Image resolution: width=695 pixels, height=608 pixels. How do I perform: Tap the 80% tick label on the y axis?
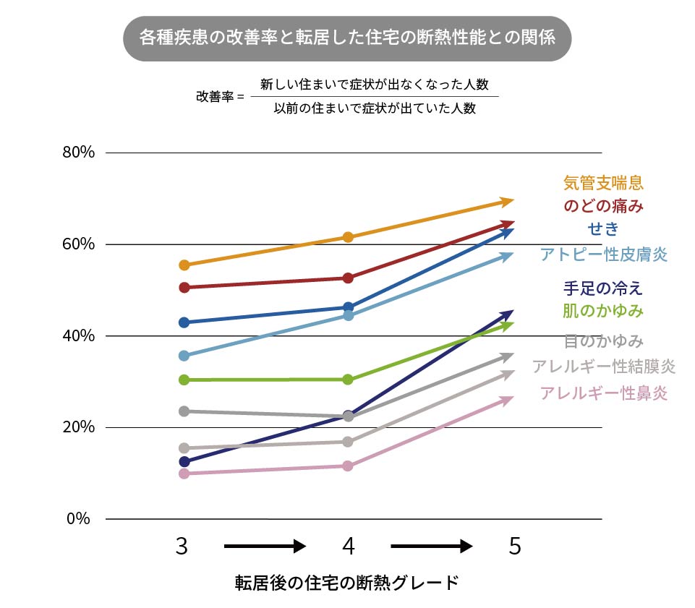click(x=79, y=153)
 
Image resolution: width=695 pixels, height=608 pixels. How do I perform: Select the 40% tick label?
click(x=79, y=335)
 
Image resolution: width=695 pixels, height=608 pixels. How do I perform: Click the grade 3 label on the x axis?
click(x=182, y=547)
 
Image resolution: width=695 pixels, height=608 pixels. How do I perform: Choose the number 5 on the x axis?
click(x=514, y=547)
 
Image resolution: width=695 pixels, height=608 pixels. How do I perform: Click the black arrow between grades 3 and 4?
click(x=265, y=547)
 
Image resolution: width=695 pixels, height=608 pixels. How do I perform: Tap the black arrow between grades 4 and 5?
click(x=431, y=547)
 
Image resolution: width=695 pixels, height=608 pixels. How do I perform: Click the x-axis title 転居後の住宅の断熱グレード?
click(x=347, y=583)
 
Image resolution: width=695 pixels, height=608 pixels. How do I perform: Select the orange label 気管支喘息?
click(x=603, y=183)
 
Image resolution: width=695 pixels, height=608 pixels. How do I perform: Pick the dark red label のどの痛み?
click(x=603, y=206)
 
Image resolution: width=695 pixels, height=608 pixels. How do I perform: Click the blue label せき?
click(x=603, y=229)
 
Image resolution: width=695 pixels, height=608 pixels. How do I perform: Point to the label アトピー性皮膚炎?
click(x=603, y=254)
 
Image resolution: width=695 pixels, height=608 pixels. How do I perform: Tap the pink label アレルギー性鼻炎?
click(x=603, y=393)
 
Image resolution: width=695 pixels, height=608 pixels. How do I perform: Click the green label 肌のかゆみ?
click(x=603, y=311)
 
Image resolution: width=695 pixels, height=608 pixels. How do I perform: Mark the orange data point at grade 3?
click(x=184, y=265)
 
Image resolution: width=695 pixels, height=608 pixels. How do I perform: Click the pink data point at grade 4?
click(x=348, y=466)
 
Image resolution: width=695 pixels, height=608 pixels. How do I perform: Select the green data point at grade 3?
click(x=184, y=380)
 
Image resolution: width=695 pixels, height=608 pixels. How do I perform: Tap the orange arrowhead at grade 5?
click(x=508, y=201)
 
